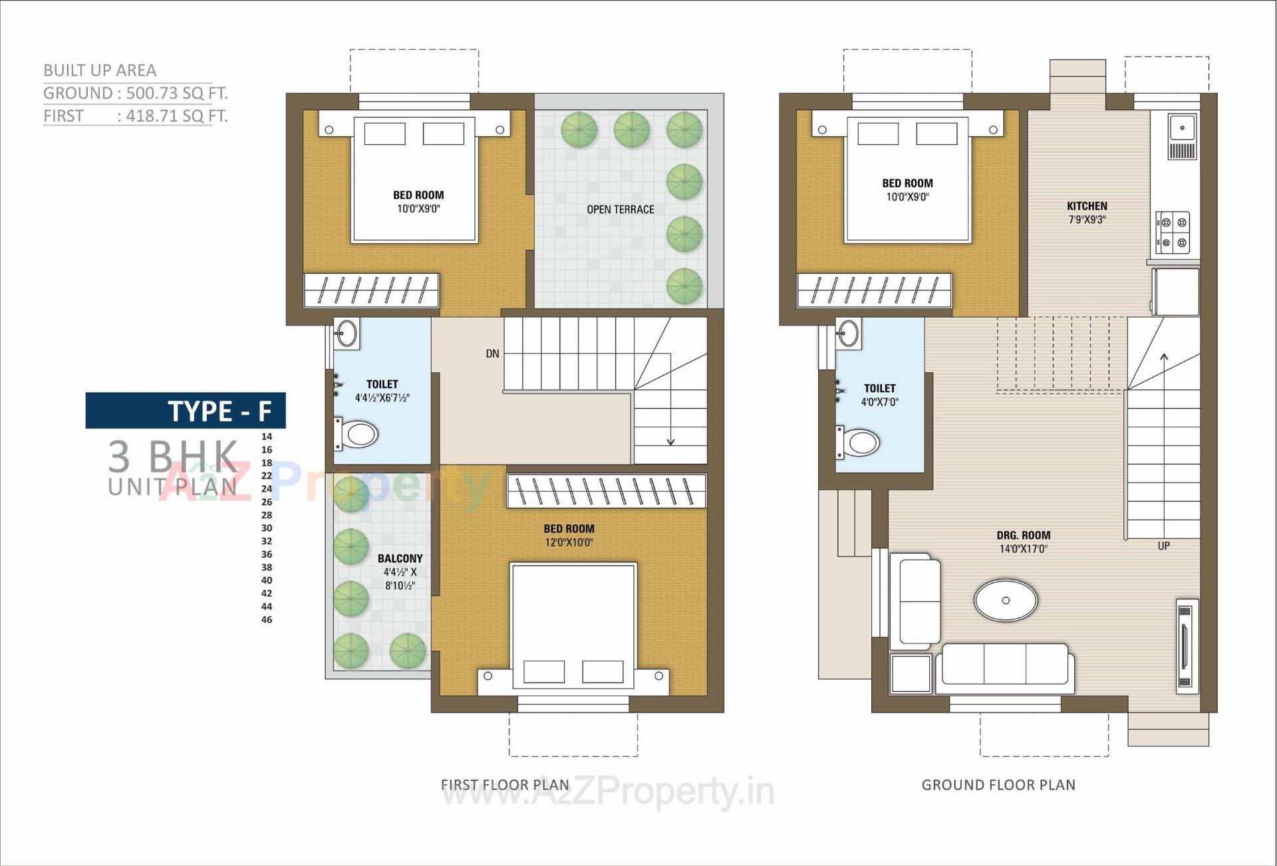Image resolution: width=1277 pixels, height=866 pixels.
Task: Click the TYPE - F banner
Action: (x=186, y=411)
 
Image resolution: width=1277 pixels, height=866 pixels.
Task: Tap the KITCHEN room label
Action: (x=1087, y=206)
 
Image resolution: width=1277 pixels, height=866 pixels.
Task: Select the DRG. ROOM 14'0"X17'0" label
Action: (x=1023, y=542)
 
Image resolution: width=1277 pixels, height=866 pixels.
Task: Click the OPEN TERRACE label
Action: (x=620, y=209)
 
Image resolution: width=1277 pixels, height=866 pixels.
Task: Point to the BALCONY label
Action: (x=400, y=559)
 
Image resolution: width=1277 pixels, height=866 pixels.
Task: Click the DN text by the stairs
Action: (x=492, y=354)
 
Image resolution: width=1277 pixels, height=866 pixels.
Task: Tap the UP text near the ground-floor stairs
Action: (x=1163, y=546)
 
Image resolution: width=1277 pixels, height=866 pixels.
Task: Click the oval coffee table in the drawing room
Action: (x=1005, y=600)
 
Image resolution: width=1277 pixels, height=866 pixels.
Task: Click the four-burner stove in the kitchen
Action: (x=1173, y=233)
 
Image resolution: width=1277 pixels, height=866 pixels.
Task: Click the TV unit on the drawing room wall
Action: (x=1186, y=647)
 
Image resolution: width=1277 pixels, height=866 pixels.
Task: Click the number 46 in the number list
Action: (x=267, y=619)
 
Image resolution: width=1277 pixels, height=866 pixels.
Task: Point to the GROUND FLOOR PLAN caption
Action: (x=998, y=785)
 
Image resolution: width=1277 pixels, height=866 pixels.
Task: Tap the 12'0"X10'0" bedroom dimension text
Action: (x=569, y=542)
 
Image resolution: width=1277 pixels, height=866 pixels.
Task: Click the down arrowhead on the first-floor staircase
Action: (x=670, y=441)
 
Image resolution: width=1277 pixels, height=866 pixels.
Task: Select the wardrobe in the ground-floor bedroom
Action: (x=874, y=290)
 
